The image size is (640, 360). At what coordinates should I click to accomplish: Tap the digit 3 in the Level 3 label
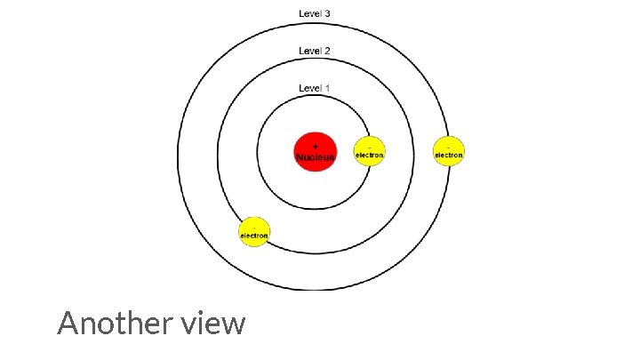coord(328,14)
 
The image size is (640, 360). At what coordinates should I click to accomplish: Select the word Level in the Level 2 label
coord(310,51)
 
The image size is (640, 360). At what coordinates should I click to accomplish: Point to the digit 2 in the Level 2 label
coord(328,51)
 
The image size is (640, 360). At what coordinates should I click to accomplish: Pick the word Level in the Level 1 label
coord(310,88)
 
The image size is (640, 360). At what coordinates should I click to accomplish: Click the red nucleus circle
coord(316,151)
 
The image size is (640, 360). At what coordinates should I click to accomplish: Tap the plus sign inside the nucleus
coord(316,145)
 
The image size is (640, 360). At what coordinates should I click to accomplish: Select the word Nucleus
coord(316,157)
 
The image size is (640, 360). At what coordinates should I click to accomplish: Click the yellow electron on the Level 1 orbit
coord(370,151)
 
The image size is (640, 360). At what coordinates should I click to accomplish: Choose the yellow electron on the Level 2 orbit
coord(254,232)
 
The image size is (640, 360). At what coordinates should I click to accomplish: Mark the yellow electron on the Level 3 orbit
coord(449,151)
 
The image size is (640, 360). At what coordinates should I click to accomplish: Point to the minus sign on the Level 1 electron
coord(370,144)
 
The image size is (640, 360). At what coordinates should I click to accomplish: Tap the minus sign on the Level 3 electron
coord(449,144)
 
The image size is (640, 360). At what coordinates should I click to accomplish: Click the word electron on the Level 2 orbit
coord(254,236)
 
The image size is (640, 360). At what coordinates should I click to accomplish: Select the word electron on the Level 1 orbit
coord(370,156)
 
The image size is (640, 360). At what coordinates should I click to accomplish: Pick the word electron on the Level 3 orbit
coord(449,156)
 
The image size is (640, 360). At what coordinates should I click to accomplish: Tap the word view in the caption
coord(217,324)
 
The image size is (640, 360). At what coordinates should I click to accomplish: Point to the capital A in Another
coord(68,324)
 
